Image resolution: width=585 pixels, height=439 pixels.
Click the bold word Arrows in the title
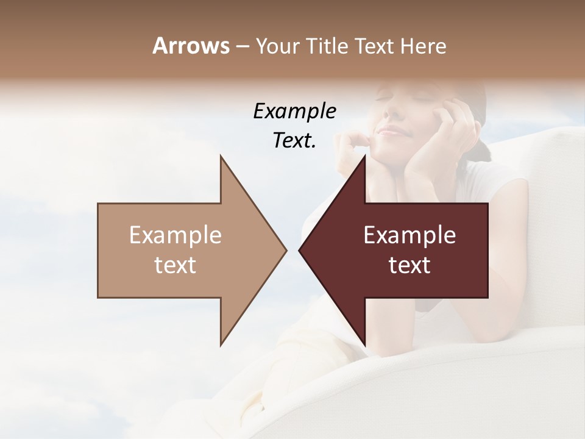click(191, 46)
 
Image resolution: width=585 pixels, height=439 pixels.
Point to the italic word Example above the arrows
click(295, 112)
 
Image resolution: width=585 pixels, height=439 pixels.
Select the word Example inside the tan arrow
click(175, 235)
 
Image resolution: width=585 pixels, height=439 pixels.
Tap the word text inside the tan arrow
click(175, 265)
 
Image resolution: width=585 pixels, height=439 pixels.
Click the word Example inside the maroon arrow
click(409, 235)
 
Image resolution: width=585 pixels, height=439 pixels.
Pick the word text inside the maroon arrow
click(409, 265)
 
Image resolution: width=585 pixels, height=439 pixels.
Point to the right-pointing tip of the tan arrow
click(286, 250)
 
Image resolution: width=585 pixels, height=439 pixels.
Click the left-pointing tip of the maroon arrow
click(299, 250)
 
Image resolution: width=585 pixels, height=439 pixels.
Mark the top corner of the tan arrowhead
click(221, 156)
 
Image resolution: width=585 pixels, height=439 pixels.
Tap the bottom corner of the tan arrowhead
click(221, 345)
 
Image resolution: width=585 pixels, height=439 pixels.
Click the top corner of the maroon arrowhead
click(364, 156)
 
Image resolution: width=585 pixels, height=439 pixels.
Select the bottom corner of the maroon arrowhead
click(364, 345)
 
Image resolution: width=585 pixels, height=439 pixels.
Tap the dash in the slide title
click(242, 46)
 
